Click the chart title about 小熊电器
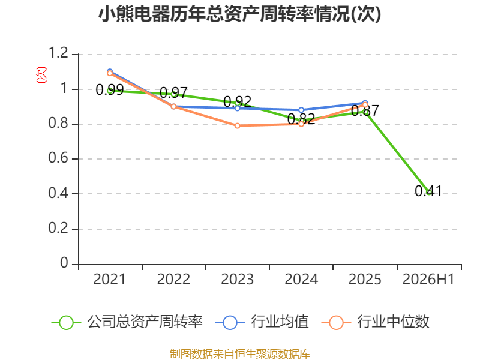click(239, 14)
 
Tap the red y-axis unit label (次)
click(41, 75)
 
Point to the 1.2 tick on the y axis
click(58, 53)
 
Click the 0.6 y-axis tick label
click(58, 158)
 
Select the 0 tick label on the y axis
click(64, 263)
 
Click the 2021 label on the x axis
click(109, 280)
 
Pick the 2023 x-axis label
click(237, 280)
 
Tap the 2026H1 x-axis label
click(428, 280)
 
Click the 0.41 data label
click(428, 191)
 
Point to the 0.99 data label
click(110, 90)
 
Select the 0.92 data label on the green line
click(237, 101)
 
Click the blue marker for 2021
click(110, 71)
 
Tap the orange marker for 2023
click(238, 126)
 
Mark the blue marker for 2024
click(301, 110)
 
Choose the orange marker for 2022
click(173, 107)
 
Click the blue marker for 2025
click(365, 103)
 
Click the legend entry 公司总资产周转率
click(127, 322)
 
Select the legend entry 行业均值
click(262, 322)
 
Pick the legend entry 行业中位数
click(376, 322)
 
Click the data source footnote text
click(239, 354)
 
